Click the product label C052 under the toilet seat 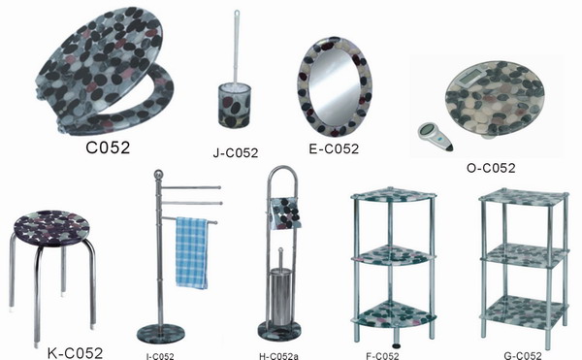[x=108, y=147]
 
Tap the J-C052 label [x=236, y=152]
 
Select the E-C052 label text [x=334, y=148]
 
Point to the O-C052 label [x=491, y=168]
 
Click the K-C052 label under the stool [x=75, y=352]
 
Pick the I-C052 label [x=160, y=356]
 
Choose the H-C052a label [x=278, y=356]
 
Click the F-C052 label [x=382, y=356]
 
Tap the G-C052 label [x=522, y=356]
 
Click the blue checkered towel [x=191, y=252]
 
